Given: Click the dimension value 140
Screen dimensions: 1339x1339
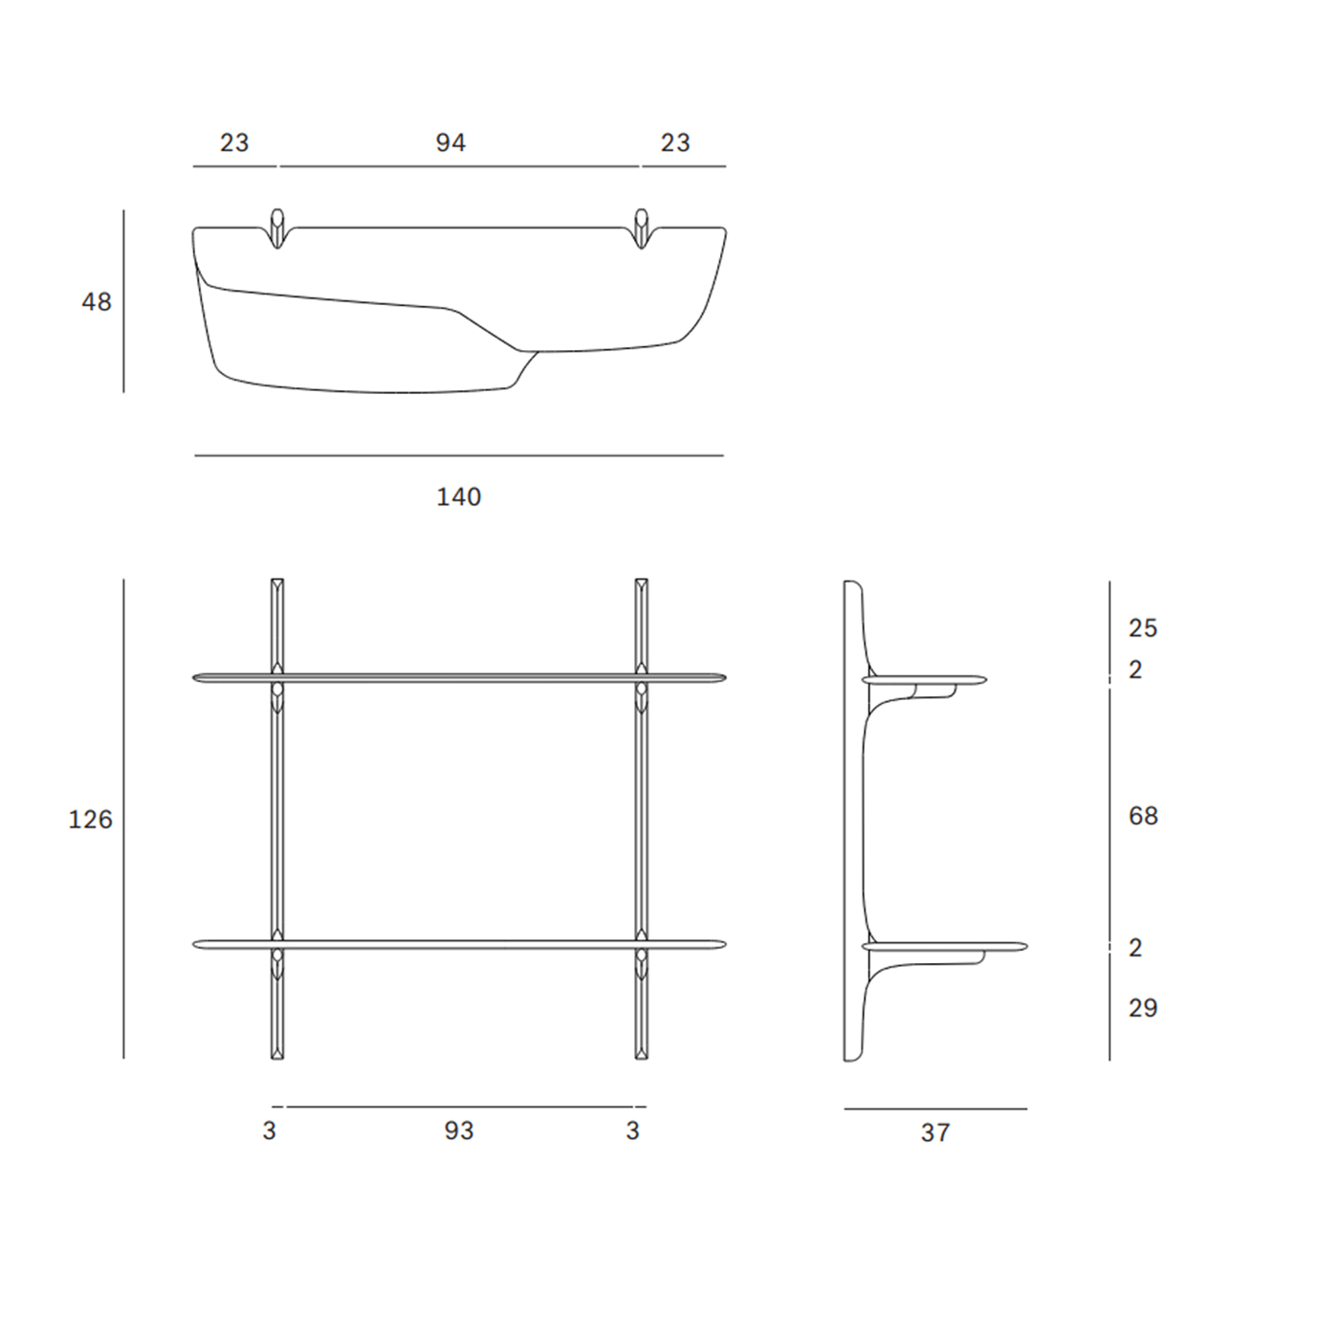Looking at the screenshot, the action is point(459,496).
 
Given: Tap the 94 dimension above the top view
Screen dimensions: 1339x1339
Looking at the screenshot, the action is point(451,143).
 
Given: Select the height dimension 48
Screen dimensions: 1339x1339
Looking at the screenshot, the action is point(97,301).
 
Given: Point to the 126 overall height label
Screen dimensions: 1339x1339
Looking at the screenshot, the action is point(90,820).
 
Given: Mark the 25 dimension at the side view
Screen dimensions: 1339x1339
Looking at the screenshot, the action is point(1143,628).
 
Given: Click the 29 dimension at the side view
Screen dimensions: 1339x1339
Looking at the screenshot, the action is point(1143,1008).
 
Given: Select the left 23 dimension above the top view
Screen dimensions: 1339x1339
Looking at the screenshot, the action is point(234,143).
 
